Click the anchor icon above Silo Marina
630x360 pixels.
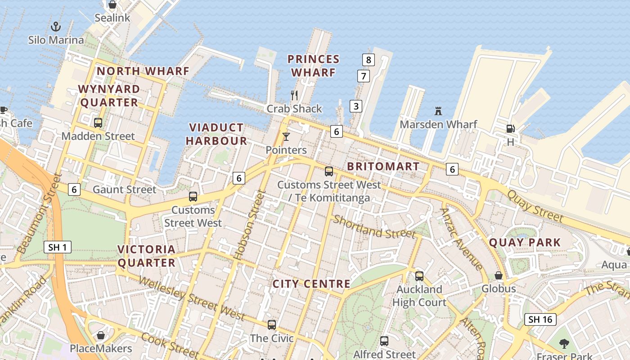pyautogui.click(x=55, y=26)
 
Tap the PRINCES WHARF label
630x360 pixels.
pyautogui.click(x=313, y=66)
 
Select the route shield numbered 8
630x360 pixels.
pyautogui.click(x=369, y=59)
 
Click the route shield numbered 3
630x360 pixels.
pyautogui.click(x=356, y=106)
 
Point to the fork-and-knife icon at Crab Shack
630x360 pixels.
pyautogui.click(x=294, y=95)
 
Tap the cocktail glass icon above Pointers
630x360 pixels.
pyautogui.click(x=286, y=136)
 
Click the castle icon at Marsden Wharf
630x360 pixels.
pyautogui.click(x=438, y=111)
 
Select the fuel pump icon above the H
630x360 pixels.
pyautogui.click(x=510, y=129)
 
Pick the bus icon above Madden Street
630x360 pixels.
pyautogui.click(x=98, y=122)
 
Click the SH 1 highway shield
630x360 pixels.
pyautogui.click(x=58, y=247)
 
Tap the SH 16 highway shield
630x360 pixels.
pyautogui.click(x=540, y=319)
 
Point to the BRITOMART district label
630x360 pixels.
pyautogui.click(x=383, y=166)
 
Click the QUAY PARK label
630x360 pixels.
pyautogui.click(x=525, y=243)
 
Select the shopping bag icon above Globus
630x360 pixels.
pyautogui.click(x=499, y=275)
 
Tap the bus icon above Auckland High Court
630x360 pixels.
pyautogui.click(x=419, y=276)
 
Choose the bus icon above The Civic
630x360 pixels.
pyautogui.click(x=271, y=324)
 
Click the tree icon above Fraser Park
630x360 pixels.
pyautogui.click(x=564, y=344)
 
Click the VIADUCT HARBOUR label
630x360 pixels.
pyautogui.click(x=216, y=134)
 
